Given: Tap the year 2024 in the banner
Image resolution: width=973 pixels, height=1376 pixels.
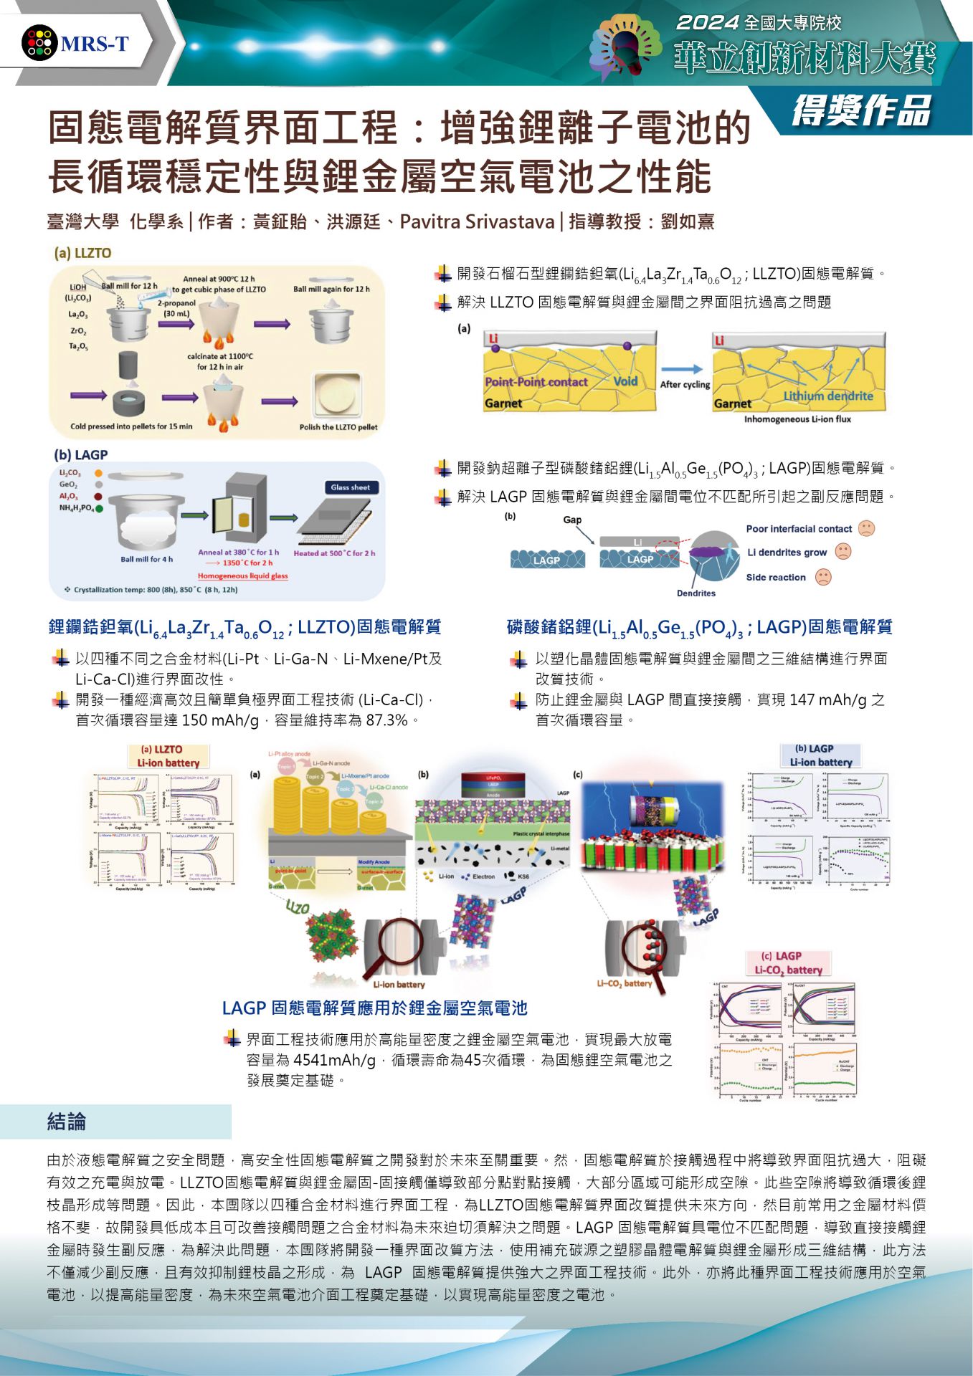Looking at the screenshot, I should tap(707, 23).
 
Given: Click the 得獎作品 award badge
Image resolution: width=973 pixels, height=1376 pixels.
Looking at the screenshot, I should tap(861, 111).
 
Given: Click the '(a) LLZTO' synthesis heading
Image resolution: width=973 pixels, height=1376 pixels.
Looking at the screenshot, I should tap(82, 253).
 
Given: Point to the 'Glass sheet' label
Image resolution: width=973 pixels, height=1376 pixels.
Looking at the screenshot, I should tap(350, 487).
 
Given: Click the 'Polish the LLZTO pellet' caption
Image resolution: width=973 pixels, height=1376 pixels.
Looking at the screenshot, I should tap(338, 427).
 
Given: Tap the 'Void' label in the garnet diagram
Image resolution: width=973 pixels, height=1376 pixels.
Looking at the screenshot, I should tap(625, 381).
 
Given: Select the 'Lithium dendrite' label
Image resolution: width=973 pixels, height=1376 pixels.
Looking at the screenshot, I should tap(828, 396).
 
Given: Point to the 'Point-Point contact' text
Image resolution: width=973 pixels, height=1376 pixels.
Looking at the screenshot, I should tap(536, 382).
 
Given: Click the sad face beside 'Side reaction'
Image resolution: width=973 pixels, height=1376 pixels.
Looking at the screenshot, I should tap(823, 577).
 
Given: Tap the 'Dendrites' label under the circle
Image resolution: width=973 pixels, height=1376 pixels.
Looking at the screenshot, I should tap(696, 593).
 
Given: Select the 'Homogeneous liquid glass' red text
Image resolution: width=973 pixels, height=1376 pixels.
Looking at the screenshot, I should tap(242, 575).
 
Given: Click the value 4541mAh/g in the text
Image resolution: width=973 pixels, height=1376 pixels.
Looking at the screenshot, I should tap(334, 1060).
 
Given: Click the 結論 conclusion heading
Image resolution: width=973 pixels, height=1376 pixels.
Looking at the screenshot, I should tap(67, 1121).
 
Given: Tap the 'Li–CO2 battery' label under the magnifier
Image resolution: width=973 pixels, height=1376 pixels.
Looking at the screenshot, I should tap(625, 983).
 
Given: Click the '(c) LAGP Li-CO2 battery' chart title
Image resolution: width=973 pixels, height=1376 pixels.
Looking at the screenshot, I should tap(787, 962).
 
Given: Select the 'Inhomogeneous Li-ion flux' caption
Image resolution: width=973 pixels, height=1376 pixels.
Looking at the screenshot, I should tap(797, 419).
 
